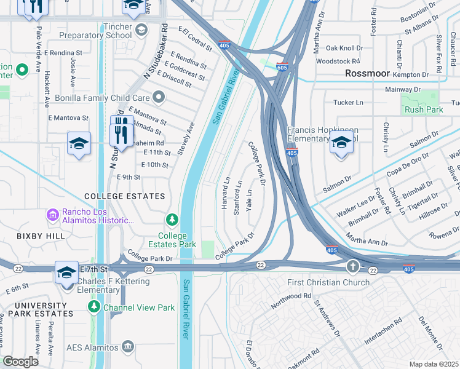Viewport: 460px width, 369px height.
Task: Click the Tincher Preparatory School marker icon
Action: click(141, 30)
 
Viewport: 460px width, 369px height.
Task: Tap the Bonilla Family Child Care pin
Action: click(159, 97)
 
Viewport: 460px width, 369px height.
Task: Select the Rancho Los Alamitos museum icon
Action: click(52, 215)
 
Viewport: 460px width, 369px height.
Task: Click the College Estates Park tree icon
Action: click(173, 220)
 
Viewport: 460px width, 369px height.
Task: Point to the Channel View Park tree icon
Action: click(94, 307)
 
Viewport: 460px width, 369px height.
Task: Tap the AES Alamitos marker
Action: click(127, 347)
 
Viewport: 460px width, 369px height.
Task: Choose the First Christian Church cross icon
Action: click(352, 266)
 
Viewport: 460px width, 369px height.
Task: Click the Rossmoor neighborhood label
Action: click(367, 73)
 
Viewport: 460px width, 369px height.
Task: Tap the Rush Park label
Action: click(424, 110)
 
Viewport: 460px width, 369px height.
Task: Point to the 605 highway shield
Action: click(282, 67)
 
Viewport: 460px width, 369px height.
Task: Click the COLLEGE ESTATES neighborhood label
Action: click(124, 196)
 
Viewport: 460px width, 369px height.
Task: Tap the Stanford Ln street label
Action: click(237, 197)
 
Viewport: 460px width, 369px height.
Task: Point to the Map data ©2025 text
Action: click(434, 364)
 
